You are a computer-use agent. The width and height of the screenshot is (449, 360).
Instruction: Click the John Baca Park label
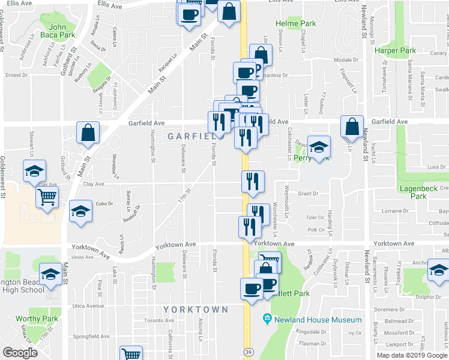click(x=58, y=31)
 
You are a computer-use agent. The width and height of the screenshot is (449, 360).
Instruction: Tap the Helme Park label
click(x=295, y=24)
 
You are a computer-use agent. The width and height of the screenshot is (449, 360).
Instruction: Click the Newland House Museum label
click(x=318, y=320)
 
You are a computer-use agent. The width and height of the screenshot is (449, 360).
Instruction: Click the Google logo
click(x=20, y=353)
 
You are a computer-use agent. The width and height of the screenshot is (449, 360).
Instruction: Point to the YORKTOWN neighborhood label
click(x=196, y=310)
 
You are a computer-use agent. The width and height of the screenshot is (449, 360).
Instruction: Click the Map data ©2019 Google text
click(x=411, y=355)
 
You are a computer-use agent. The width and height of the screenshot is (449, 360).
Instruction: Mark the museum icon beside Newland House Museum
click(x=267, y=320)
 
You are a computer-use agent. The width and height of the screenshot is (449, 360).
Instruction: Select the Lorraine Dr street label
click(x=395, y=211)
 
